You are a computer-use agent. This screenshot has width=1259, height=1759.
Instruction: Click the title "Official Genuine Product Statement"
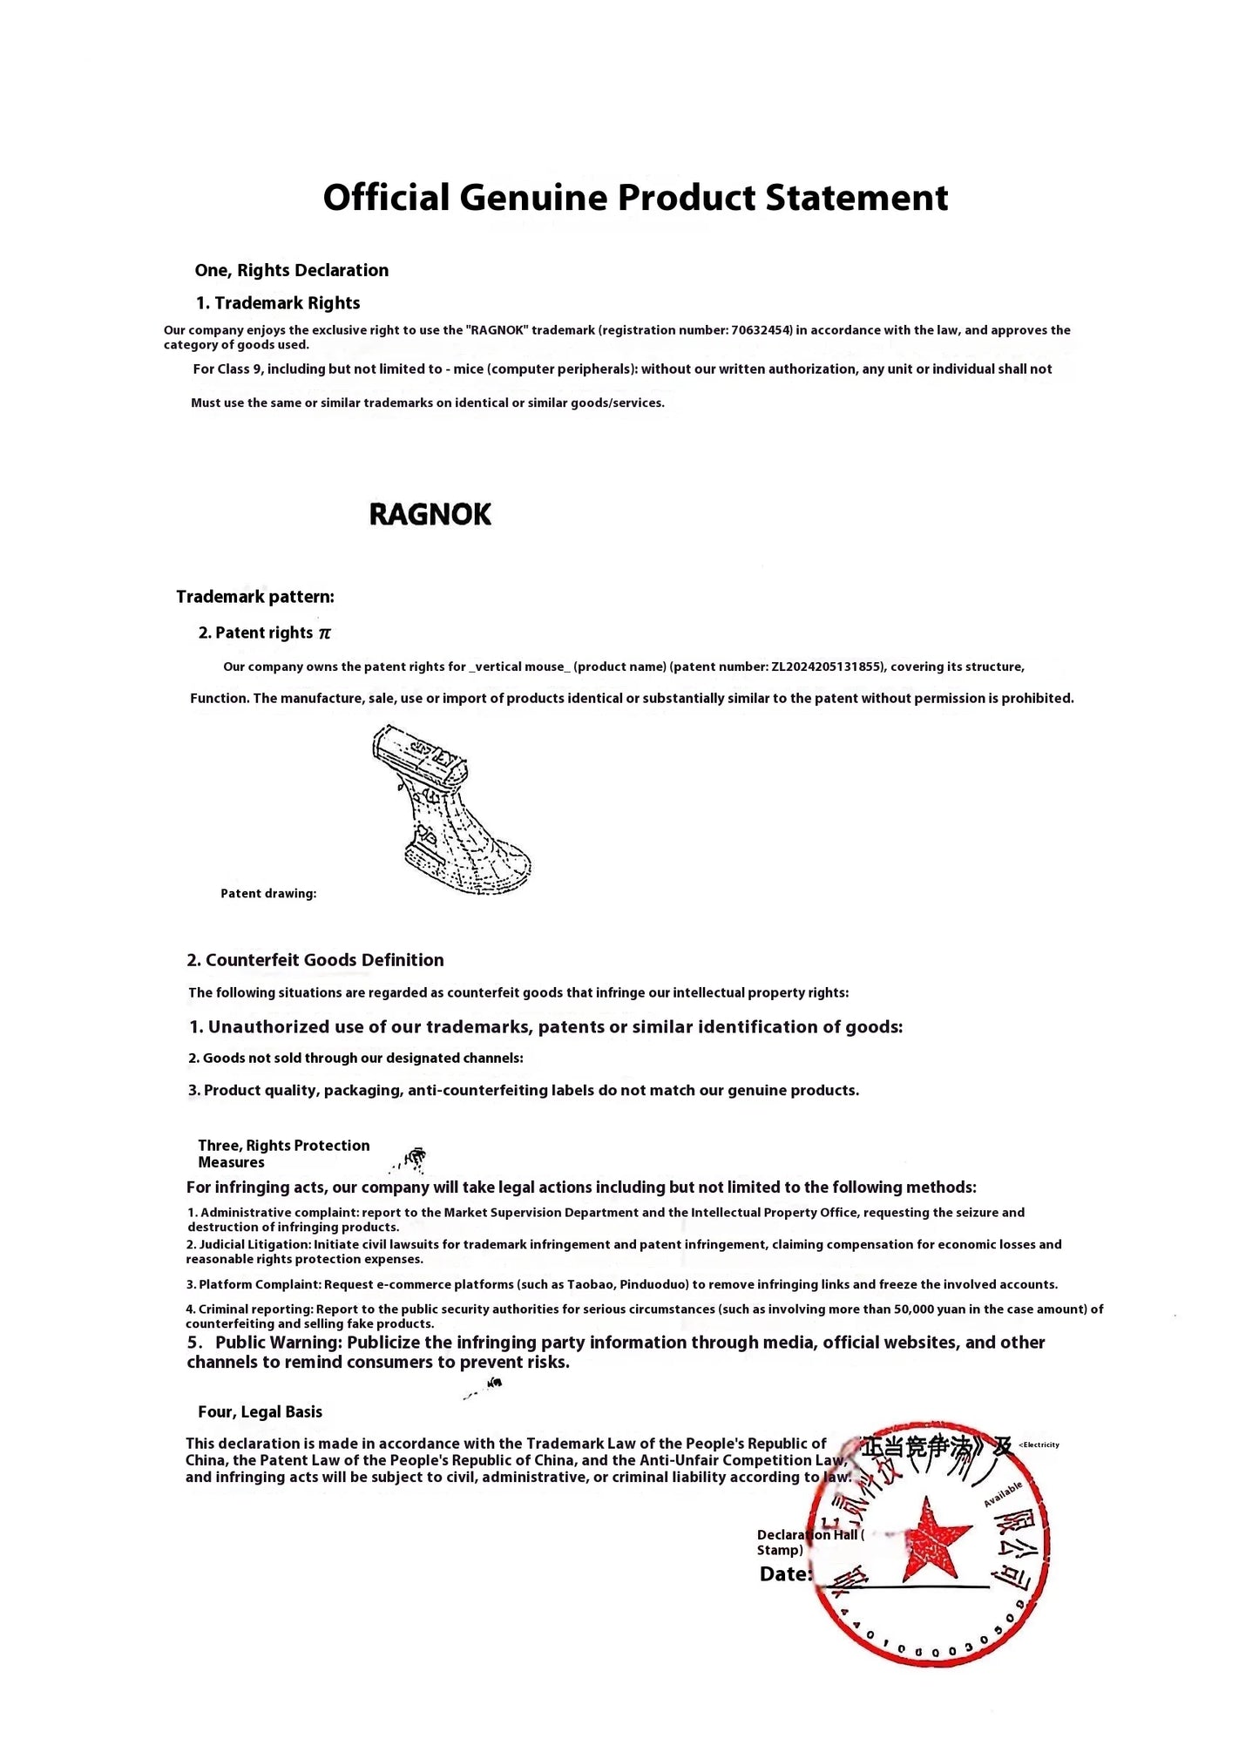pyautogui.click(x=635, y=198)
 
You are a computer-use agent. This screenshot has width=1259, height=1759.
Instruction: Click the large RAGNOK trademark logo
pyautogui.click(x=430, y=514)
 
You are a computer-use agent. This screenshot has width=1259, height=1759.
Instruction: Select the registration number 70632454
pyautogui.click(x=761, y=330)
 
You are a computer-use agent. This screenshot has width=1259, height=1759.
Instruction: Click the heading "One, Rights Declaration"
pyautogui.click(x=291, y=270)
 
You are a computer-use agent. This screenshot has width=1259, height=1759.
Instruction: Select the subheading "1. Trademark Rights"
pyautogui.click(x=277, y=303)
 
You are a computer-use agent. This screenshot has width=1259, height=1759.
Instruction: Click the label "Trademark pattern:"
pyautogui.click(x=254, y=597)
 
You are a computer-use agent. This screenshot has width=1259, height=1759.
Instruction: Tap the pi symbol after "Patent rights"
pyautogui.click(x=325, y=633)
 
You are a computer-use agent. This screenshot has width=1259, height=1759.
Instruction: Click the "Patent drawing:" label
pyautogui.click(x=268, y=893)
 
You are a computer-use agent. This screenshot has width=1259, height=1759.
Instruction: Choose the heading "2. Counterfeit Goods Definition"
pyautogui.click(x=315, y=960)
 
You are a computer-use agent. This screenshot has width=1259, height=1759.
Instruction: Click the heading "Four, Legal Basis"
pyautogui.click(x=260, y=1411)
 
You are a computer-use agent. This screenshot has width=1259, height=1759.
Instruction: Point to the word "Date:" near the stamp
pyautogui.click(x=785, y=1574)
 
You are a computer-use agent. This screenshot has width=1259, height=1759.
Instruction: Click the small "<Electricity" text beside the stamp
pyautogui.click(x=1039, y=1444)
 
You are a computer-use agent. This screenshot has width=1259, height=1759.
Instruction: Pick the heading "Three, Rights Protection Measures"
pyautogui.click(x=283, y=1153)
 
